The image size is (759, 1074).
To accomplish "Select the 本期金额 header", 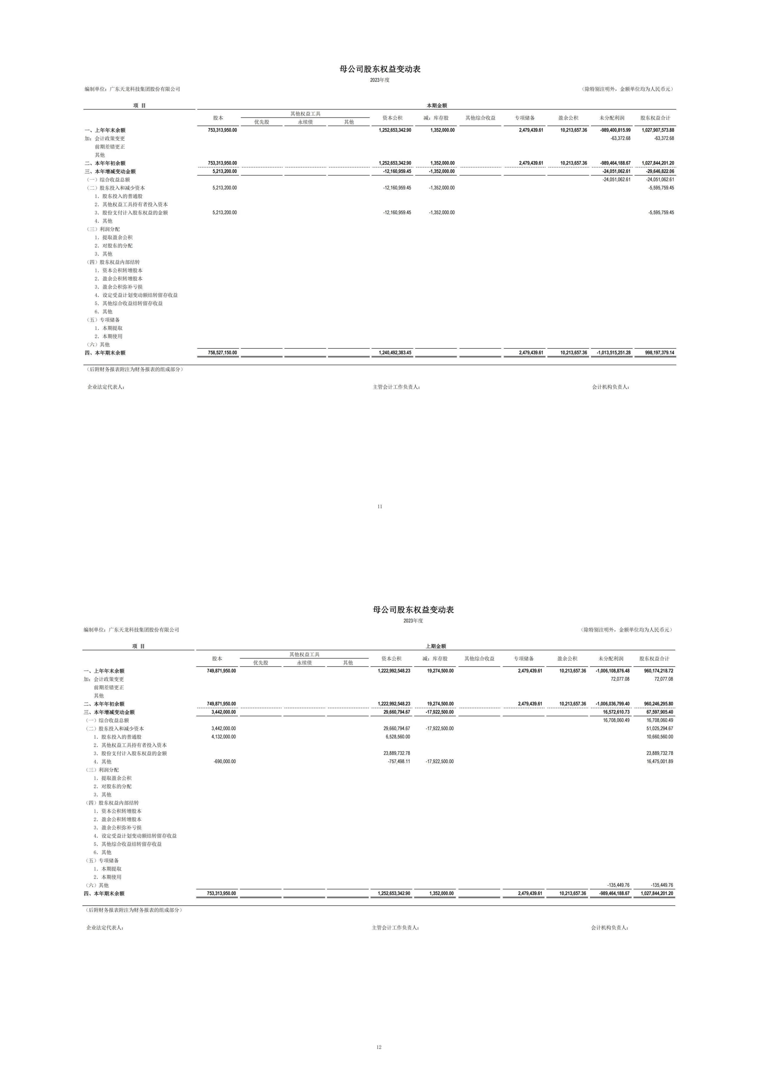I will coord(436,106).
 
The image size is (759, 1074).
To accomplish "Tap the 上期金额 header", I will coord(435,646).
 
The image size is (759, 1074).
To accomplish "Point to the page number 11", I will coord(380,507).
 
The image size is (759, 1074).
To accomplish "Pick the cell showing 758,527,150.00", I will coord(222,353).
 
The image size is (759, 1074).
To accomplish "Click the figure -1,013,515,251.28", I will coord(614,353).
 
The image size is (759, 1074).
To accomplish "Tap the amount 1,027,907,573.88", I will coord(658,130).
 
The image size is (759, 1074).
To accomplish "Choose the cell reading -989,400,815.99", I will coord(615,130).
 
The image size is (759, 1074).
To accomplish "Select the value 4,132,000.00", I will coord(223,737).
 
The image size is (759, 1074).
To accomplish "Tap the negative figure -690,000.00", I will coord(224,762).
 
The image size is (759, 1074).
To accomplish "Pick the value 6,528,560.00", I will coord(397,737).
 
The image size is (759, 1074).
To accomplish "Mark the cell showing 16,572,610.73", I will coord(616,712).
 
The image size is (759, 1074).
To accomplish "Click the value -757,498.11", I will coord(399,762).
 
